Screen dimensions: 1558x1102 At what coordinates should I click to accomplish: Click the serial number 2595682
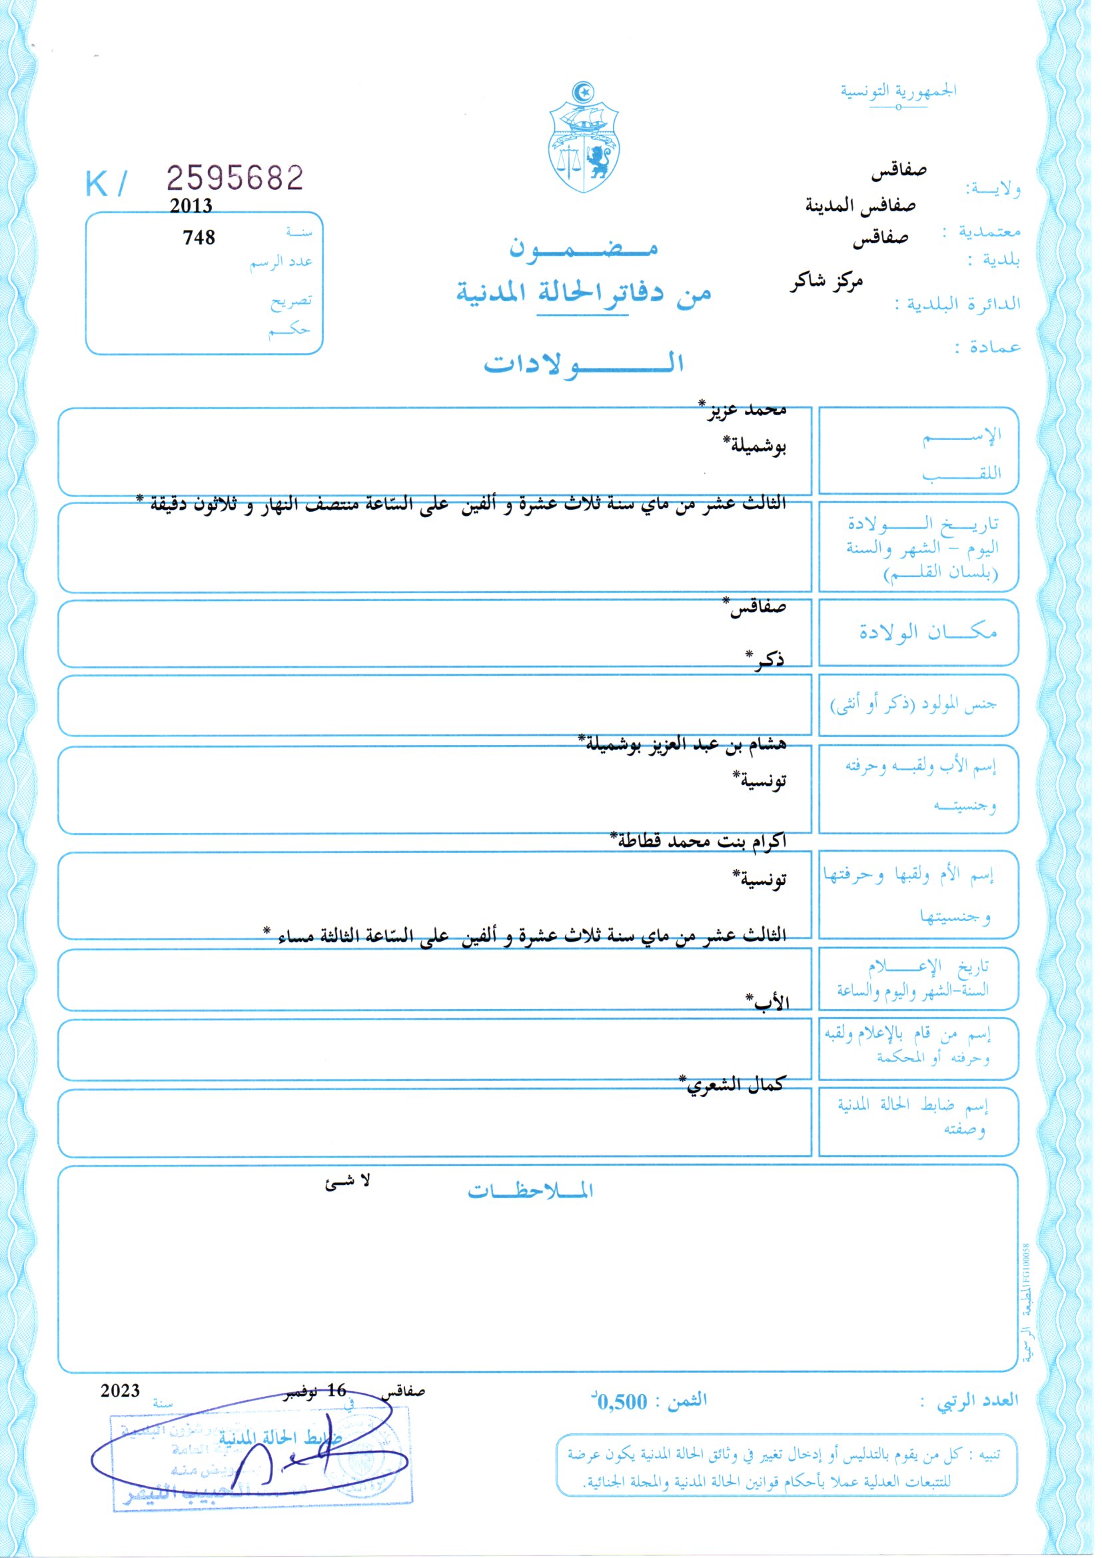tap(235, 179)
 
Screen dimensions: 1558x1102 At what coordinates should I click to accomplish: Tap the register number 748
tap(199, 237)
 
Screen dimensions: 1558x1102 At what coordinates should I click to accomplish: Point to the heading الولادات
tap(583, 365)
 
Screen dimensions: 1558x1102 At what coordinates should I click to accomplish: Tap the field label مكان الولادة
tap(927, 632)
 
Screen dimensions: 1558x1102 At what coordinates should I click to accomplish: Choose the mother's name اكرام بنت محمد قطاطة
tap(698, 841)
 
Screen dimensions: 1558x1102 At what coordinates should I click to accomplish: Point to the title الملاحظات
tap(530, 1191)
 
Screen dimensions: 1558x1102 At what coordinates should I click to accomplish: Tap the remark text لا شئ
tap(347, 1181)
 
